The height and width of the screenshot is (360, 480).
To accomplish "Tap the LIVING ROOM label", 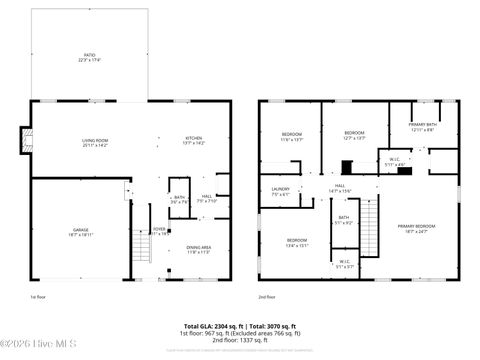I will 94,142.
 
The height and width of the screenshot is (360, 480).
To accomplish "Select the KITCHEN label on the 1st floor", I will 193,140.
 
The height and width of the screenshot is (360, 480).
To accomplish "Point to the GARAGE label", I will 79,231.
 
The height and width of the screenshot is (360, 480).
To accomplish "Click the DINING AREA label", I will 198,249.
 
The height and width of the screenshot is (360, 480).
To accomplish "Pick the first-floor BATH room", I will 179,199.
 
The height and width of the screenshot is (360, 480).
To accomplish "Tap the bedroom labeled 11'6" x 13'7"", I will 290,136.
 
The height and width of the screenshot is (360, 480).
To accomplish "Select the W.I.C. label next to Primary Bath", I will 395,161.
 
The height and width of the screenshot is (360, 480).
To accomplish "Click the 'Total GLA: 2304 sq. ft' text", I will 212,326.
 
